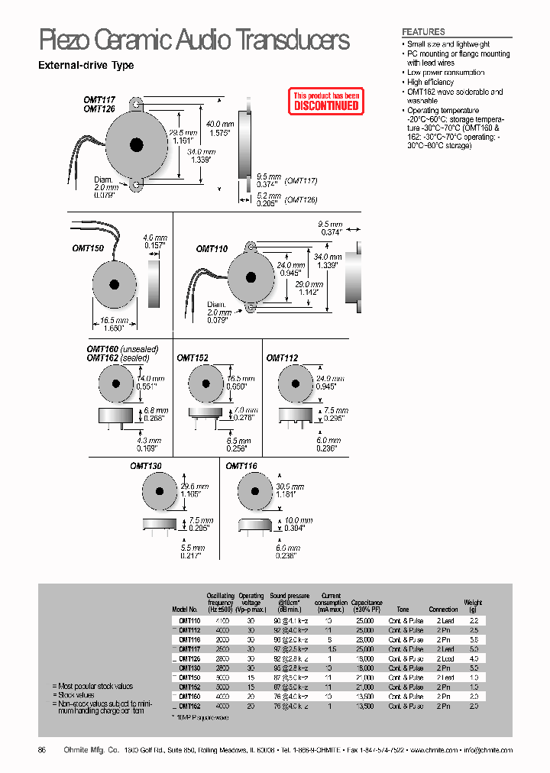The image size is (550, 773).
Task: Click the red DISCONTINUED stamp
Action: tap(325, 102)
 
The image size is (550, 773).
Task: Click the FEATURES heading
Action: tap(423, 32)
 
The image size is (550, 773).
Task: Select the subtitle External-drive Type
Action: tap(86, 66)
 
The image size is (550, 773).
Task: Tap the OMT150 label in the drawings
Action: tap(88, 248)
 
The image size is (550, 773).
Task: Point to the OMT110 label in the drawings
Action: tap(212, 249)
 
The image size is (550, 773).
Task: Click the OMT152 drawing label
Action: tap(192, 357)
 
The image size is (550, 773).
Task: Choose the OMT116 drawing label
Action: tap(241, 466)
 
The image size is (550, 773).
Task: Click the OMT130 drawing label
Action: tap(146, 466)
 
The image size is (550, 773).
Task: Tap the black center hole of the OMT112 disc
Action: tap(294, 384)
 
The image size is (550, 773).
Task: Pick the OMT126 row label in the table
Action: tap(189, 658)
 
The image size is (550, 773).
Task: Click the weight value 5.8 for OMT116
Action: tap(474, 639)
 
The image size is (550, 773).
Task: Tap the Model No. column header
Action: tap(186, 610)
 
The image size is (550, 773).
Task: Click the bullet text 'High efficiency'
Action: tap(430, 82)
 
